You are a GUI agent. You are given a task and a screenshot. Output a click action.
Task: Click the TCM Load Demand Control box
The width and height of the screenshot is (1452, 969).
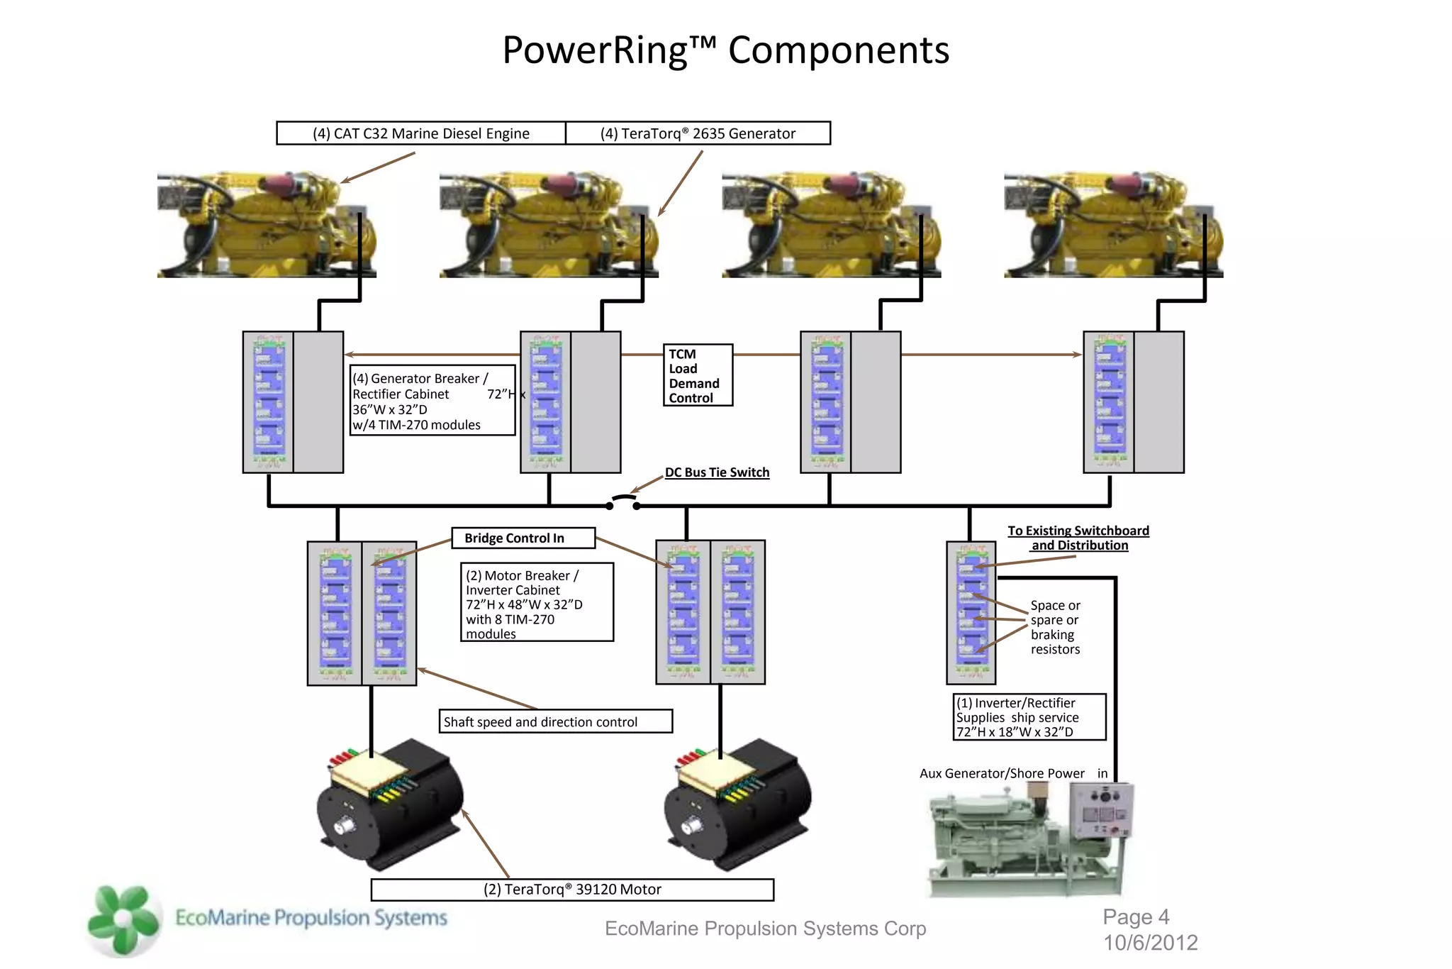698,375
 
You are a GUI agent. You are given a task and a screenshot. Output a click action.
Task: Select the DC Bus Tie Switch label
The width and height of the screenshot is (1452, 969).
717,472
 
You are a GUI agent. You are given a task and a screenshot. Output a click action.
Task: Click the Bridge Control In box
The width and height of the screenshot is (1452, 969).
523,538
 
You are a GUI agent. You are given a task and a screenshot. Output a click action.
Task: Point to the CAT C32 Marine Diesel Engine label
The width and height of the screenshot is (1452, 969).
421,133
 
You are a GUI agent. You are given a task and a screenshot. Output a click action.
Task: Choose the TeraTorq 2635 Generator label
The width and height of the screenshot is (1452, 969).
698,133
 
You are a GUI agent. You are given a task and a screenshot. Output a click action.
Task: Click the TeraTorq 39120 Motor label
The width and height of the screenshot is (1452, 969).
572,890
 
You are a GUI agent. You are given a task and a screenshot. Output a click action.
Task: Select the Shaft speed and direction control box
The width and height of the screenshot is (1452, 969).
555,721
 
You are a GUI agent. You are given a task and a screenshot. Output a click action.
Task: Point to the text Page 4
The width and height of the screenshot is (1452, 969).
1136,917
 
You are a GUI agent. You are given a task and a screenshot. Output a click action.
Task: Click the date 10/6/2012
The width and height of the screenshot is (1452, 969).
1150,943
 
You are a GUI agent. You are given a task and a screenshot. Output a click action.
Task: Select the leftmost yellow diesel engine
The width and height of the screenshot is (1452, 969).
266,224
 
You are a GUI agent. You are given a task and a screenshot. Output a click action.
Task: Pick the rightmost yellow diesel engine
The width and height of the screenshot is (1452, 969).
1113,224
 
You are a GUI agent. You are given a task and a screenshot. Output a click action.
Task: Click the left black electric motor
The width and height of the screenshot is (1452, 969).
390,805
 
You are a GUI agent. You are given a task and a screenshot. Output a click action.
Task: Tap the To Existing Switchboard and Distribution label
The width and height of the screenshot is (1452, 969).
1078,538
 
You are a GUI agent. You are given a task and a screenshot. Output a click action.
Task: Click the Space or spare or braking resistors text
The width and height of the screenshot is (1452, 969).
1055,627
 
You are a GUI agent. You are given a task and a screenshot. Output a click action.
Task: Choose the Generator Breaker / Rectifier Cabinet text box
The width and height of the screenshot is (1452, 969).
432,401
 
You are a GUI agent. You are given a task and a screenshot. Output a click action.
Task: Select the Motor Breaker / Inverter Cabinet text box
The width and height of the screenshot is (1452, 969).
537,602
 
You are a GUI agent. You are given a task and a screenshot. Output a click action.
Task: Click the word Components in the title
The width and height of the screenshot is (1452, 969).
838,50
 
